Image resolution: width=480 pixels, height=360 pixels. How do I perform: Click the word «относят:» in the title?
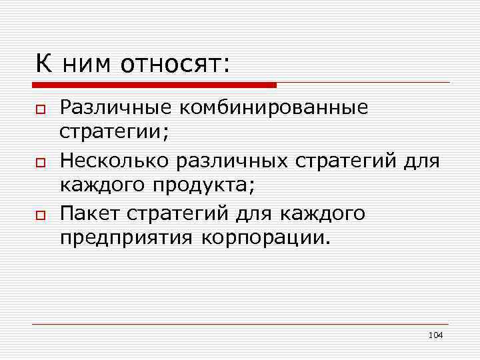coord(175,65)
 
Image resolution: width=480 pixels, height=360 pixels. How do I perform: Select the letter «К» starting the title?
coord(43,65)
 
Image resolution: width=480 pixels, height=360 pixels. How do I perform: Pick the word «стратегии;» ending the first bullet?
coord(115,132)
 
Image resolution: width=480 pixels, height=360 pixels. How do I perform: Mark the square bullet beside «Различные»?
coord(41,109)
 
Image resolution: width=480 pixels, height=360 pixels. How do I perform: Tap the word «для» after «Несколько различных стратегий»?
coord(420,161)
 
